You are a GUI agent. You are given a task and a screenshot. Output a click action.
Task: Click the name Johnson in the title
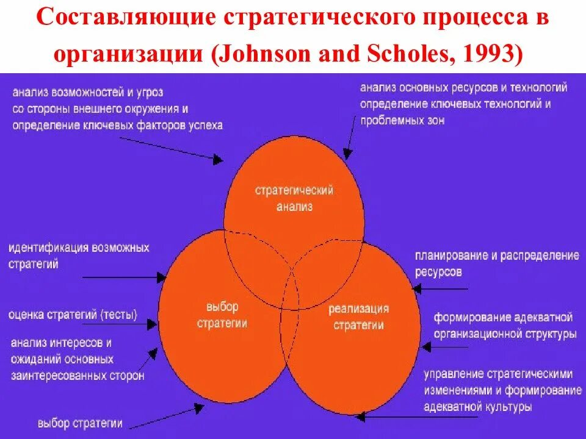[265, 54]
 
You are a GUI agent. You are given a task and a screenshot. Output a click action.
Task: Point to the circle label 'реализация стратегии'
[358, 316]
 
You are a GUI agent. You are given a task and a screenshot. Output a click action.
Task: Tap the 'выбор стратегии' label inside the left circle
[222, 315]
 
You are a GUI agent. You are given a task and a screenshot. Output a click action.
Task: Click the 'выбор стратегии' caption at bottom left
[79, 423]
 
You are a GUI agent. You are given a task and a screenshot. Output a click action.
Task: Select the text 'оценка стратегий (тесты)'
[73, 315]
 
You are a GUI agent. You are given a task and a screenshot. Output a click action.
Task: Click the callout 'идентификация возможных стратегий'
[78, 256]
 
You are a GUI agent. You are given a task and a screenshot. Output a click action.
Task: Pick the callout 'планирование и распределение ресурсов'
[496, 263]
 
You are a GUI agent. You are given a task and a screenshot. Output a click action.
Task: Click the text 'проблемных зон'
[402, 120]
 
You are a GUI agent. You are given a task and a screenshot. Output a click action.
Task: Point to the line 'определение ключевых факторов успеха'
[117, 125]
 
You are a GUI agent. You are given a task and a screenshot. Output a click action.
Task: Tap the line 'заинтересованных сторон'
[78, 376]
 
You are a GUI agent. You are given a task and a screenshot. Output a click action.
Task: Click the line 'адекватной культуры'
[477, 407]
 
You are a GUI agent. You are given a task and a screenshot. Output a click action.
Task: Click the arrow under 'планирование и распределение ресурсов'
[440, 288]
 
